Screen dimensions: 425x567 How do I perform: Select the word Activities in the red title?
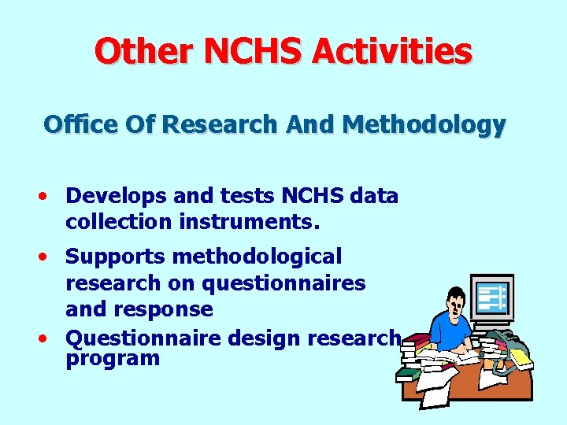pos(392,52)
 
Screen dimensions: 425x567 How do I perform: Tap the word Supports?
pos(115,257)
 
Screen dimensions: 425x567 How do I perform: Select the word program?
pos(113,359)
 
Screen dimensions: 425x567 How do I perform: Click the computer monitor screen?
pos(491,298)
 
